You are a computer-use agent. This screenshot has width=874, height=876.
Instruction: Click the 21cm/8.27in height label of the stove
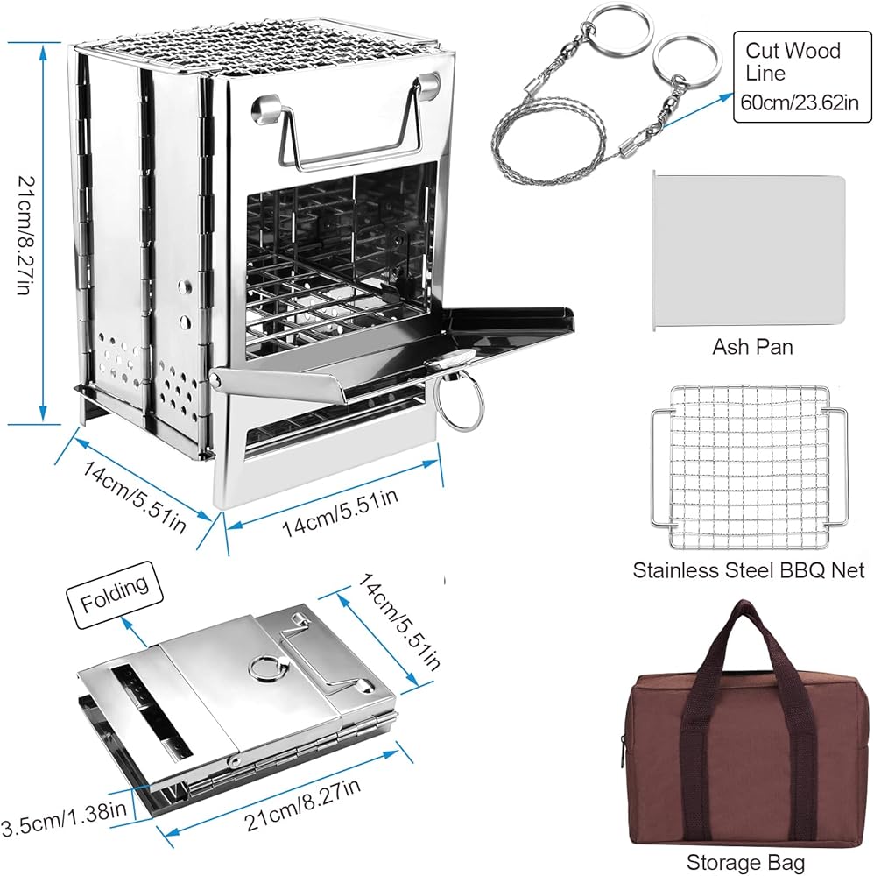click(23, 235)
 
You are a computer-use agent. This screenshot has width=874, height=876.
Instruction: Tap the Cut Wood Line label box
click(802, 76)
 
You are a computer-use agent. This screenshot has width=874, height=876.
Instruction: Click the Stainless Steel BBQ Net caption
click(749, 570)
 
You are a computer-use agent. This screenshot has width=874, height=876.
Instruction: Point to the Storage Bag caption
click(745, 861)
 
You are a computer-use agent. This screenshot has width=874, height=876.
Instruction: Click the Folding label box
click(115, 595)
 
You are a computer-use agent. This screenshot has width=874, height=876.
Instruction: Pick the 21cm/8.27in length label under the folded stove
click(302, 804)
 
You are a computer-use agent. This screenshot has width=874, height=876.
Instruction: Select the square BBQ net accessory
click(749, 467)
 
